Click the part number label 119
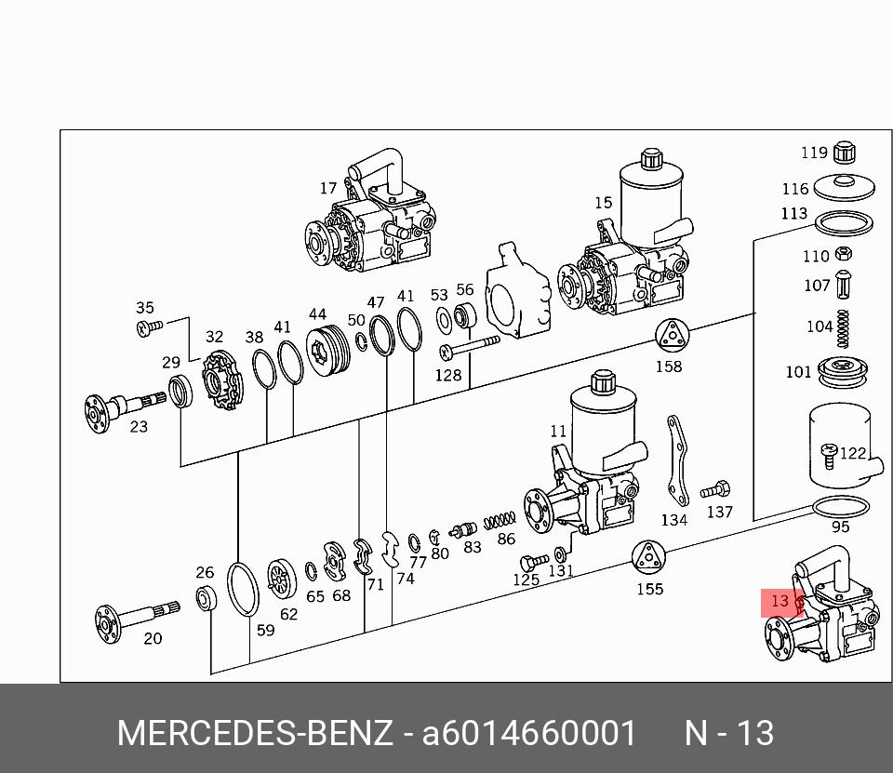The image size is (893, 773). tap(814, 153)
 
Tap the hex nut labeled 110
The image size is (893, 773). tap(843, 254)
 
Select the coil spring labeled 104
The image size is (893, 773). tap(843, 326)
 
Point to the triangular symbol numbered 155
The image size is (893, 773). tap(649, 558)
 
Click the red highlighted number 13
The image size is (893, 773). tap(780, 602)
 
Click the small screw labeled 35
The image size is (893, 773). tap(149, 326)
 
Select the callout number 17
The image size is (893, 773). tap(328, 189)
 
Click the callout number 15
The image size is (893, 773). tap(604, 202)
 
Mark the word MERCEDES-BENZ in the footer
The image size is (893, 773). tap(255, 733)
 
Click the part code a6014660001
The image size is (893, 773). tap(529, 733)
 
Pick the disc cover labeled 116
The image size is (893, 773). tap(844, 187)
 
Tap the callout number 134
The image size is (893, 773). tap(674, 520)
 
